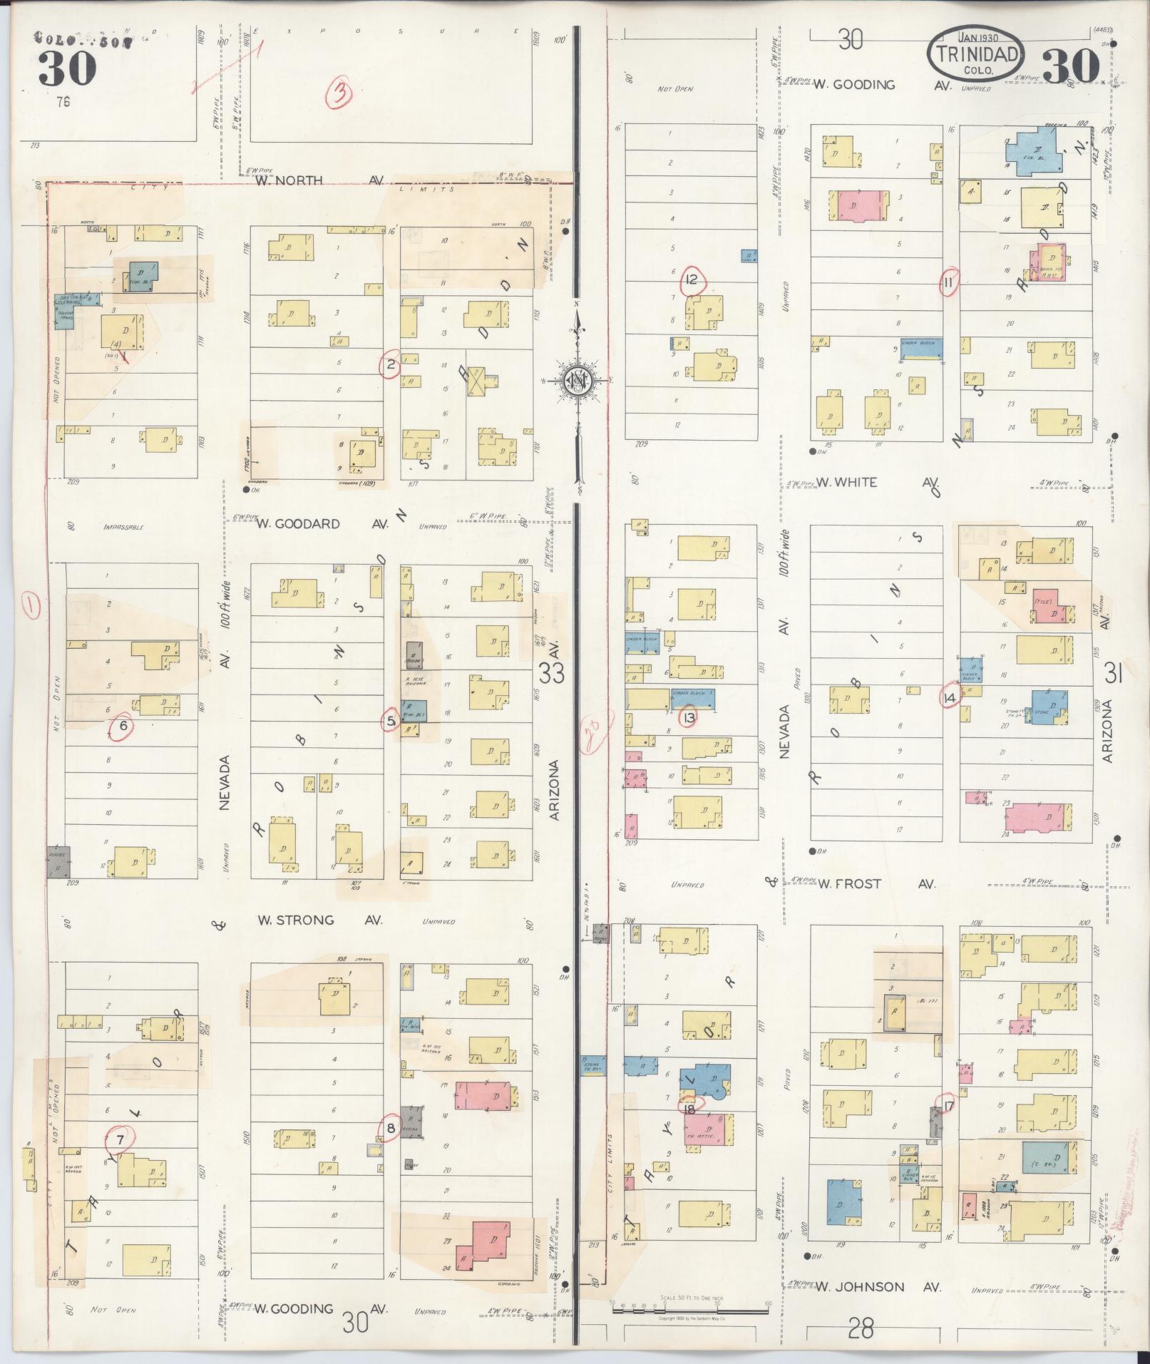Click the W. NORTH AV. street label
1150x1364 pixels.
point(321,180)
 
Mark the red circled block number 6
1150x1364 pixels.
point(123,726)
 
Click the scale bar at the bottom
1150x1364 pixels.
point(689,1306)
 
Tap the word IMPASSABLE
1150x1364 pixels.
point(123,528)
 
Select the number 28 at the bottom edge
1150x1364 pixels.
point(861,1328)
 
